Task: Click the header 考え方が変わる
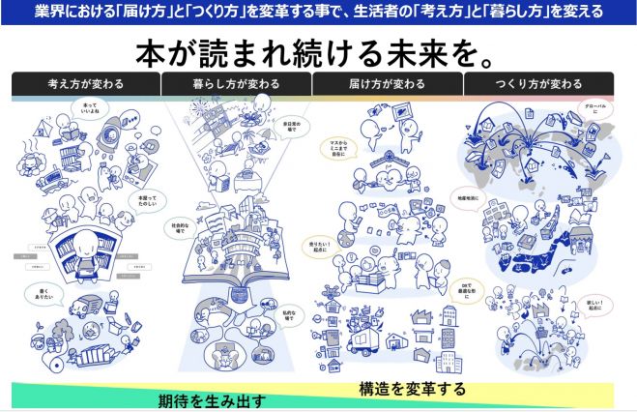86,84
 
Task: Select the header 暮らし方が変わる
237,84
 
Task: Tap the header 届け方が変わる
388,84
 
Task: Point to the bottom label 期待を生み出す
212,399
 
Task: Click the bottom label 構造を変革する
412,389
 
